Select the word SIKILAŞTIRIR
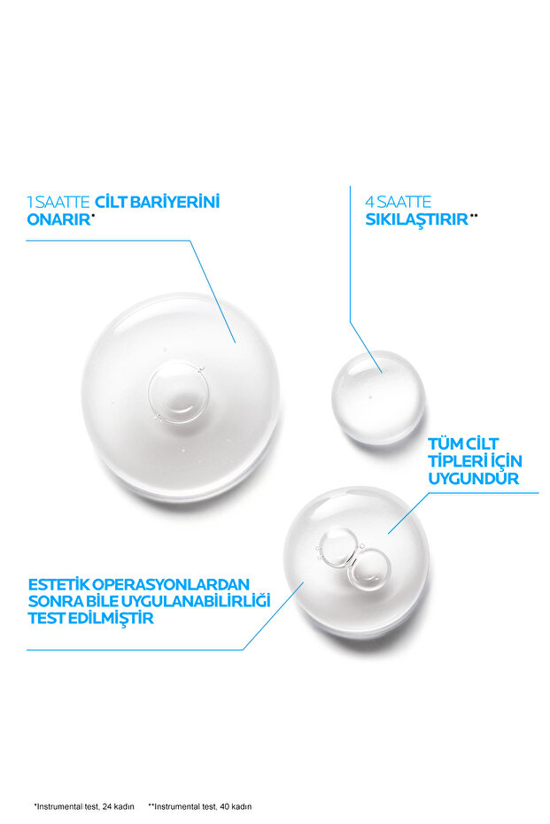(x=416, y=219)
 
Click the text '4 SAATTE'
(x=398, y=202)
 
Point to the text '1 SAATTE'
(x=58, y=202)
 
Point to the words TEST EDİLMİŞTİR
(x=90, y=618)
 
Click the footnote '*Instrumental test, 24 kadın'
(x=84, y=806)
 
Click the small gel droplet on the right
(x=378, y=396)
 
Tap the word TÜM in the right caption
(x=446, y=443)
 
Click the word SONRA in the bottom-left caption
(x=54, y=601)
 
